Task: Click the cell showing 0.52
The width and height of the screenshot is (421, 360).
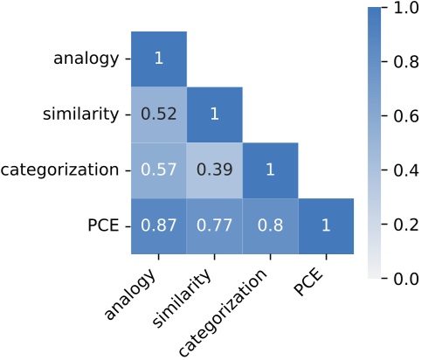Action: click(159, 114)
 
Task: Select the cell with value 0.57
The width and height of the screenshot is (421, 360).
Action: click(159, 170)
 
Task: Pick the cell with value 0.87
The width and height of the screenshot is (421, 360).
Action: click(159, 226)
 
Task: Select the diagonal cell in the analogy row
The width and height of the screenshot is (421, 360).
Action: click(159, 59)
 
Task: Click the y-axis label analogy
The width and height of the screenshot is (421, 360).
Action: click(86, 59)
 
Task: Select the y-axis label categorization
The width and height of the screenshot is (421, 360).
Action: click(59, 170)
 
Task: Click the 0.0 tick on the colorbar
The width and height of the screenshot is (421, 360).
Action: click(399, 280)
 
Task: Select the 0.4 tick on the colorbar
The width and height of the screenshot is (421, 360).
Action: click(399, 170)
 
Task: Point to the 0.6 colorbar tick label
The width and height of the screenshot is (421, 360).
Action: click(399, 116)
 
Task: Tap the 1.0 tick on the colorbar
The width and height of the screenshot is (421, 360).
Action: click(399, 8)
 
